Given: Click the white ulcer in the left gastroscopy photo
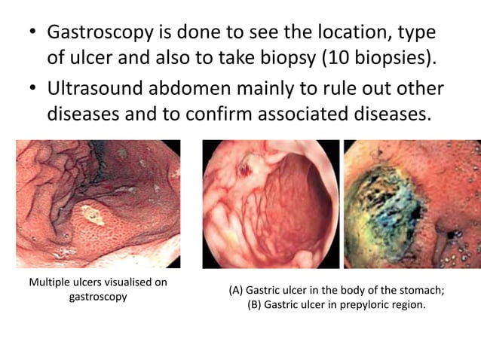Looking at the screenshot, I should point(93,217).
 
